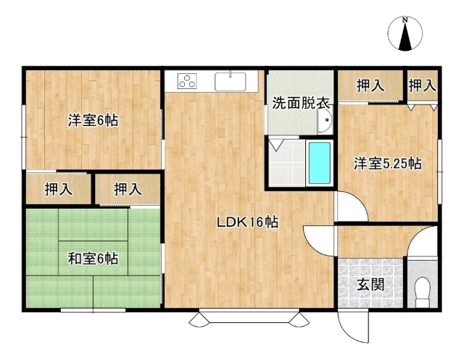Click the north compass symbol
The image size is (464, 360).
pyautogui.click(x=405, y=34)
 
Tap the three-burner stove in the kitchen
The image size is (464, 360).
pyautogui.click(x=187, y=80)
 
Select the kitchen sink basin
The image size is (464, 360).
pyautogui.click(x=231, y=82)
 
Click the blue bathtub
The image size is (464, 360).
pyautogui.click(x=320, y=163)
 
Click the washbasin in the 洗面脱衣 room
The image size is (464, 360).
pyautogui.click(x=325, y=120)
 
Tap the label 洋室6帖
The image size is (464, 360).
pyautogui.click(x=94, y=120)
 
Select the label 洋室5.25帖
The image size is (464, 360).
pyautogui.click(x=388, y=164)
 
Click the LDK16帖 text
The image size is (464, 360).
pyautogui.click(x=248, y=222)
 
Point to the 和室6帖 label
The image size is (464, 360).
pyautogui.click(x=94, y=259)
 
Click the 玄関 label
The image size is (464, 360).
pyautogui.click(x=370, y=285)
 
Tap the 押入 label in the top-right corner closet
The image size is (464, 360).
pyautogui.click(x=422, y=86)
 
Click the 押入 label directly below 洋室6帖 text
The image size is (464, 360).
pyautogui.click(x=58, y=190)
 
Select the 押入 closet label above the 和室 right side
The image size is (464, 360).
pyautogui.click(x=128, y=190)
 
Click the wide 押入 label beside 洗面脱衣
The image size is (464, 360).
pyautogui.click(x=370, y=86)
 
